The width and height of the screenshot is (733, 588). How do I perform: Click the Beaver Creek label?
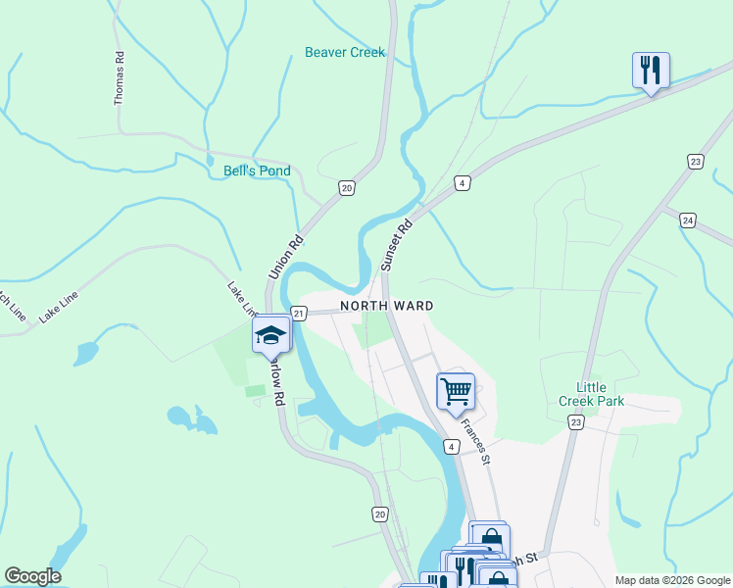pos(345,52)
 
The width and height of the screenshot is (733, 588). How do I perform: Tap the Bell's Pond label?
pos(257,171)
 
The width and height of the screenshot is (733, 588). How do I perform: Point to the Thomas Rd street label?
pos(120,79)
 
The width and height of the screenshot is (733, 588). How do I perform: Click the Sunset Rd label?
pos(398,244)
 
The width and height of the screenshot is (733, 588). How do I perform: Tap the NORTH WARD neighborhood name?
pos(386,306)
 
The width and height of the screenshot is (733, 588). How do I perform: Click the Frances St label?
pos(474,442)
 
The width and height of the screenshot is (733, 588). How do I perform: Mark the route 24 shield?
pos(688,220)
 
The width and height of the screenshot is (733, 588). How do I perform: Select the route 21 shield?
pos(299,313)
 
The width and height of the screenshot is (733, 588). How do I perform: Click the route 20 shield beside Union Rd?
pos(346,187)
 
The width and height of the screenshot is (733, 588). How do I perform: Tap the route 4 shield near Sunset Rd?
pos(462,183)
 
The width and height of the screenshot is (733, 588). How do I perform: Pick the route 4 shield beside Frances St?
pos(451,447)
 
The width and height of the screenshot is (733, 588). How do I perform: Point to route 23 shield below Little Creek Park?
pos(575,421)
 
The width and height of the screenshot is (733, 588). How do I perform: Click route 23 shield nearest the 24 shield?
pos(695,162)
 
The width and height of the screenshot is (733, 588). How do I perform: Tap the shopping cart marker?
pos(456,391)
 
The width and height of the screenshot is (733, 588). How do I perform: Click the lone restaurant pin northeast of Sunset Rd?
pos(651,70)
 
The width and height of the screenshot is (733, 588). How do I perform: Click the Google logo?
pos(32,576)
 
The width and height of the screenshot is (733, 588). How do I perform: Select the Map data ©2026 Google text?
pos(671,579)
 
